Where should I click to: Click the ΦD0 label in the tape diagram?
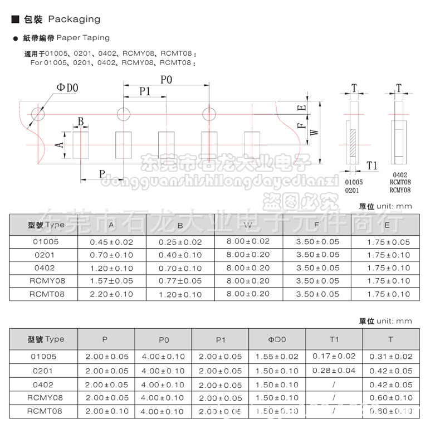[x=67, y=87]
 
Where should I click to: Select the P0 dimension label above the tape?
[x=166, y=80]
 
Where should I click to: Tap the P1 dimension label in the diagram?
[x=145, y=91]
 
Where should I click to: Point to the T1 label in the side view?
[x=372, y=166]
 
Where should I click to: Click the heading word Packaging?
[x=74, y=19]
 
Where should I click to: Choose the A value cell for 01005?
[x=112, y=242]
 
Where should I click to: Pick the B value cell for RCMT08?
[x=180, y=294]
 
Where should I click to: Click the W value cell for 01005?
[x=248, y=241]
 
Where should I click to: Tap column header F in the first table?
[x=316, y=225]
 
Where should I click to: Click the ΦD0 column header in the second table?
[x=277, y=339]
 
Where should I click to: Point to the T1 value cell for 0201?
[x=334, y=370]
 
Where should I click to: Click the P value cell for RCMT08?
[x=106, y=411]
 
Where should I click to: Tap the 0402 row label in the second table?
[x=43, y=385]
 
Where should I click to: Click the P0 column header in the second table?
[x=163, y=339]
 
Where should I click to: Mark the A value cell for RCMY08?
[x=112, y=281]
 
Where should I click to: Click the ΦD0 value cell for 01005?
[x=277, y=357]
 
